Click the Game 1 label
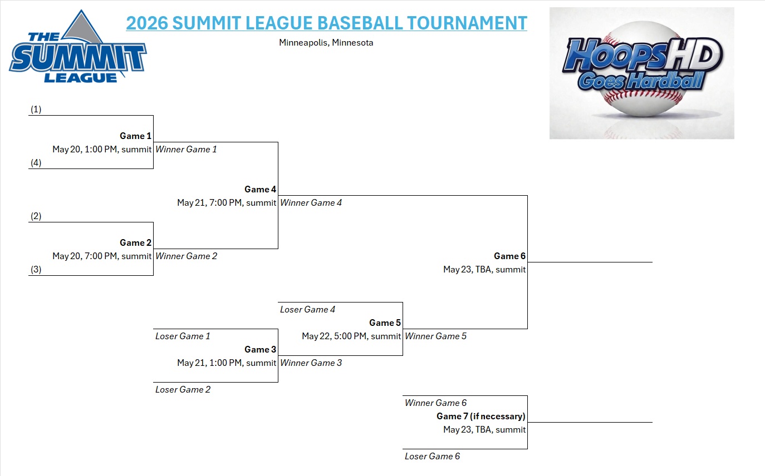click(135, 136)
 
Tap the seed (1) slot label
click(36, 110)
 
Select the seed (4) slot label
click(36, 163)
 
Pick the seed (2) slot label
click(36, 216)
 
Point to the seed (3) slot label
click(36, 270)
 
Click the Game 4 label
click(260, 189)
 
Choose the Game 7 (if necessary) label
click(480, 416)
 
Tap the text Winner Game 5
click(435, 336)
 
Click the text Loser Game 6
click(432, 456)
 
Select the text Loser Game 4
click(307, 309)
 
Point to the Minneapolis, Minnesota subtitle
click(326, 42)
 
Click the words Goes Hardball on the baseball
click(640, 81)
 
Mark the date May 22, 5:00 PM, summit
click(351, 336)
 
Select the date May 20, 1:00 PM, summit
click(102, 149)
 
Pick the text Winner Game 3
click(311, 363)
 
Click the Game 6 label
click(509, 256)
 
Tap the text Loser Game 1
click(183, 336)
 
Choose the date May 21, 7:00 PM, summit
click(227, 202)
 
